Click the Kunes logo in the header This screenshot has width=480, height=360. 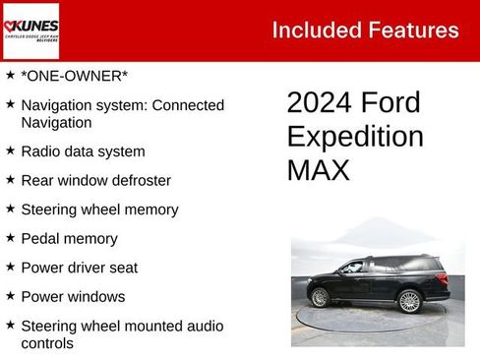point(30,30)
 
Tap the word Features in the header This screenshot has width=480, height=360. point(413,30)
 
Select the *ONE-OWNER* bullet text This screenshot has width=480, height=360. point(75,76)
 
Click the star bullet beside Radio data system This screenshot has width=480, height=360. point(10,150)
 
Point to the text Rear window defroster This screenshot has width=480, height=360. point(95,181)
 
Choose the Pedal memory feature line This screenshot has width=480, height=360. point(69,238)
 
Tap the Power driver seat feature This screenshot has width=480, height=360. point(79,268)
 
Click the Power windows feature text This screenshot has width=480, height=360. point(73,296)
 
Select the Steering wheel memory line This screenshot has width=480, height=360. point(99,210)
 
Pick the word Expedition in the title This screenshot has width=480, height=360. point(355,137)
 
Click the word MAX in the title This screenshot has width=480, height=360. point(319,170)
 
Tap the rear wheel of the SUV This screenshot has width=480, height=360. point(409,301)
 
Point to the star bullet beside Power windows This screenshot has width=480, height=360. point(10,295)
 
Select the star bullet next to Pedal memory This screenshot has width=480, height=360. point(10,237)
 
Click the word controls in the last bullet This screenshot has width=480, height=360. point(46,344)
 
